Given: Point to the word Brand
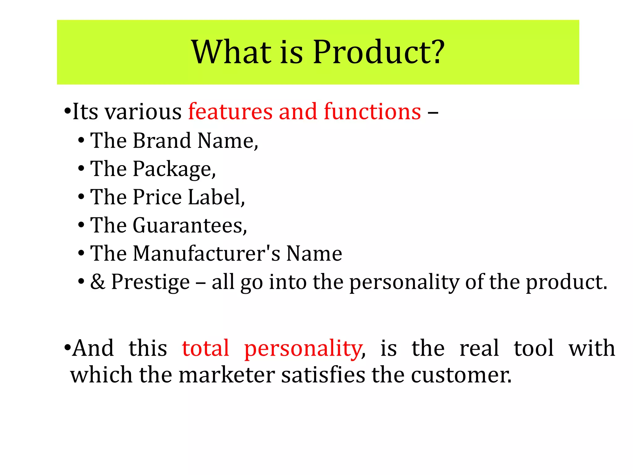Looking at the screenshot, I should click(162, 141).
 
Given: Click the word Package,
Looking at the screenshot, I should click(174, 169).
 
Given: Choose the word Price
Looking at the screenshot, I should click(157, 197).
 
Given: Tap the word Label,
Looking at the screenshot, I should click(216, 197).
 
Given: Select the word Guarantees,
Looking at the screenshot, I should click(190, 225).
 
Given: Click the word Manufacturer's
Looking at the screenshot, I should click(207, 254).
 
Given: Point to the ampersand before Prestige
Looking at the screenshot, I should click(98, 282).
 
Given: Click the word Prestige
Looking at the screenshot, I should click(151, 282).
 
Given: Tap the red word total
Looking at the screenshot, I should click(206, 349).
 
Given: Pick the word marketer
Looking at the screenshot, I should click(227, 375).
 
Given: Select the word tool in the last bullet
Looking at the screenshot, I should click(534, 349).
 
